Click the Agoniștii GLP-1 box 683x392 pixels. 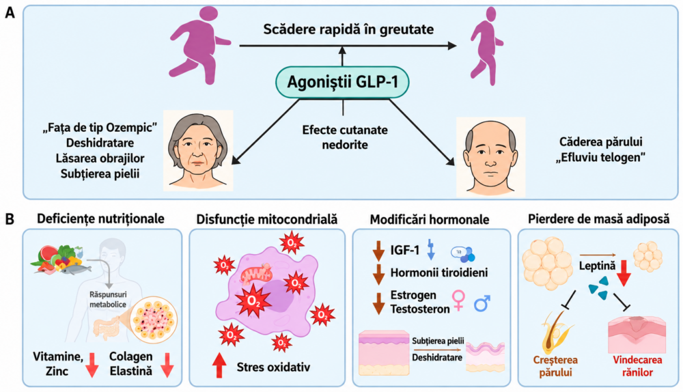pyautogui.click(x=342, y=82)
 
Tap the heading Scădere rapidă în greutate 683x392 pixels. pyautogui.click(x=348, y=29)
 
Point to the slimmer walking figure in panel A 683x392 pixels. pyautogui.click(x=487, y=46)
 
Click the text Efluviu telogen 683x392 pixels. pyautogui.click(x=600, y=157)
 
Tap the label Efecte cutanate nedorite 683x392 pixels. pyautogui.click(x=344, y=137)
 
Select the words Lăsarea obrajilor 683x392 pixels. pyautogui.click(x=100, y=158)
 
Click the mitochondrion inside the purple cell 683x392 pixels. pyautogui.click(x=257, y=274)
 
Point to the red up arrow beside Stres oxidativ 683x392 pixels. pyautogui.click(x=219, y=365)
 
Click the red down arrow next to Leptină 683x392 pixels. pyautogui.click(x=624, y=273)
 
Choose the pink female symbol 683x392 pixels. pyautogui.click(x=458, y=300)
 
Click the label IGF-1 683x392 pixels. pyautogui.click(x=404, y=250)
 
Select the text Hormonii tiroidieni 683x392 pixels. pyautogui.click(x=438, y=272)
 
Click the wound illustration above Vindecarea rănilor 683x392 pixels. pyautogui.click(x=637, y=334)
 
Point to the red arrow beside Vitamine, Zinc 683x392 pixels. pyautogui.click(x=92, y=365)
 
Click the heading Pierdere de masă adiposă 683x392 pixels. pyautogui.click(x=598, y=219)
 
